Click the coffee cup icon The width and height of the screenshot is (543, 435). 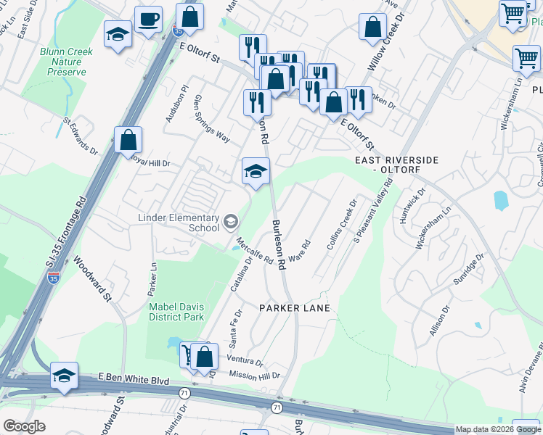[x=149, y=20]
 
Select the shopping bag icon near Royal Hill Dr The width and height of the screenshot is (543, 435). [x=128, y=141]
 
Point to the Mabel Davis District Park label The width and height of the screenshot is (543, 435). [x=176, y=312]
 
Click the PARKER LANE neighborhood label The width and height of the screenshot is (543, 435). [x=295, y=308]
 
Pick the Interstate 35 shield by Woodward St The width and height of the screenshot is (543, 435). [x=53, y=277]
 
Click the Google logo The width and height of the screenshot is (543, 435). [x=24, y=426]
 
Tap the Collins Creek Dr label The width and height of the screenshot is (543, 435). [x=343, y=225]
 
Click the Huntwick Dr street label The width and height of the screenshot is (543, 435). [x=412, y=208]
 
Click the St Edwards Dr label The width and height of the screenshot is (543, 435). [x=80, y=137]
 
